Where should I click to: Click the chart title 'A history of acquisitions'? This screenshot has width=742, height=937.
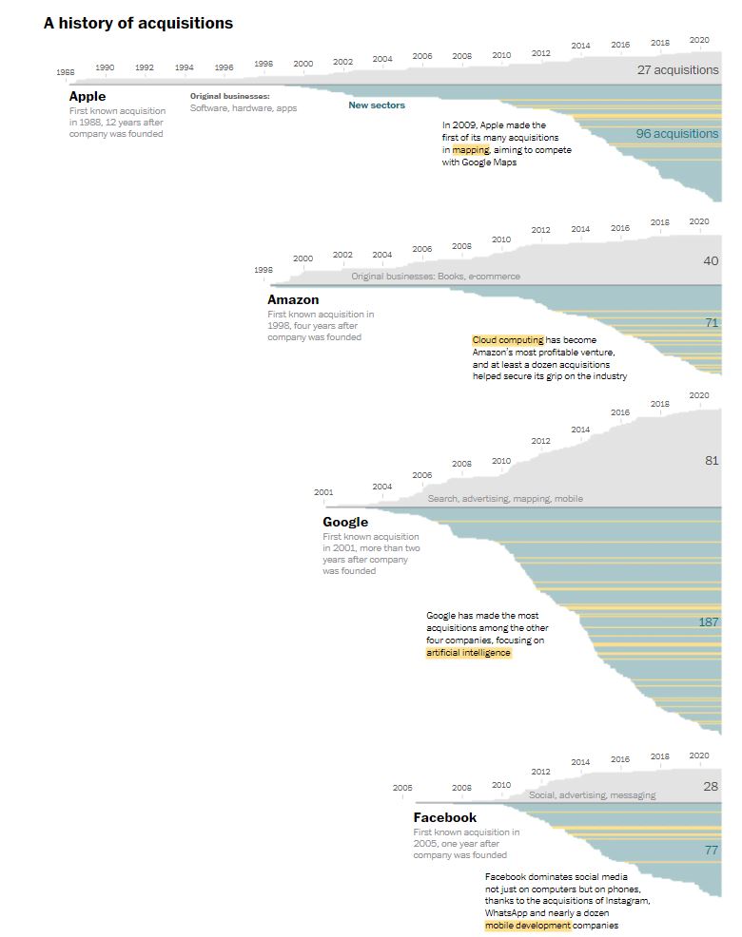click(x=138, y=23)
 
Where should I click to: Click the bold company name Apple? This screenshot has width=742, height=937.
click(x=88, y=96)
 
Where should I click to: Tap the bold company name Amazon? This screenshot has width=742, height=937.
click(x=293, y=299)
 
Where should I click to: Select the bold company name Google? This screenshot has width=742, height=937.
click(x=345, y=522)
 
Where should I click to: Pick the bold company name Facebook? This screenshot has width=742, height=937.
click(x=445, y=817)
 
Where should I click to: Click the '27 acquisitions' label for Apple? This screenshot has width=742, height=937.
click(x=678, y=69)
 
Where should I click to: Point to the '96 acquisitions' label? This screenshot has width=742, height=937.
click(x=677, y=134)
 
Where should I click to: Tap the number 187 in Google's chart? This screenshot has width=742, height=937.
click(x=709, y=621)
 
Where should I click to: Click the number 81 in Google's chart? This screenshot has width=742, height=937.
click(x=712, y=460)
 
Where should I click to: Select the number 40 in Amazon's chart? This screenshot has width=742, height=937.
click(x=712, y=260)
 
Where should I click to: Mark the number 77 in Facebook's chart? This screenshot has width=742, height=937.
click(x=712, y=850)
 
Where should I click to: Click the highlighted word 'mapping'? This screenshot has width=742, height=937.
click(x=471, y=150)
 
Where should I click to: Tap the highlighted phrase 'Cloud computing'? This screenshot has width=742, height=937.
click(x=508, y=340)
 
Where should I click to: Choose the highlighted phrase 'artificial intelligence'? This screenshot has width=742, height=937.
click(x=468, y=653)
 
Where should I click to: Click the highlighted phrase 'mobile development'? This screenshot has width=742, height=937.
click(x=528, y=926)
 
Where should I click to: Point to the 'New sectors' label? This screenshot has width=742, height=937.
click(x=377, y=105)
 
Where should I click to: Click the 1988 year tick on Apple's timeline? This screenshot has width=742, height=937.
click(x=66, y=72)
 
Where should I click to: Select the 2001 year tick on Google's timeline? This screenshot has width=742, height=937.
click(x=323, y=492)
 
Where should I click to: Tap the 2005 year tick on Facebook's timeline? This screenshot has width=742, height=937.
click(x=402, y=788)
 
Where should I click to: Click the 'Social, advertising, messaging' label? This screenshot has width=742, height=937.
click(x=592, y=795)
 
